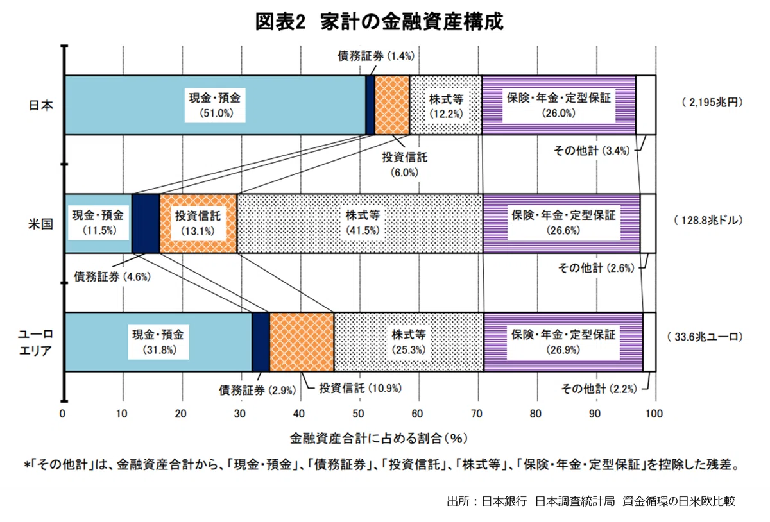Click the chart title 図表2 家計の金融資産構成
[x=379, y=22]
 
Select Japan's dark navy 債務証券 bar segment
[x=370, y=105]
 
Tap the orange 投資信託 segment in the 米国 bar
[x=198, y=223]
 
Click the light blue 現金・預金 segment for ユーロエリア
[x=158, y=342]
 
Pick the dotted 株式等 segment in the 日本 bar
[x=446, y=105]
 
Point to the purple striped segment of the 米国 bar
[x=561, y=223]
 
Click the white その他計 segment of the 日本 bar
[x=646, y=105]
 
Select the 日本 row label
[x=41, y=105]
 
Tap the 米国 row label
[x=41, y=224]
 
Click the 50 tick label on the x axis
[x=359, y=414]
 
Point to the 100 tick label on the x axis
[x=654, y=414]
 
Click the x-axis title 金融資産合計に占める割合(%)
[x=379, y=439]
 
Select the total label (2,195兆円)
[x=712, y=103]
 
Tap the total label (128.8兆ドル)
[x=708, y=220]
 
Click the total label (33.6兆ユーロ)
[x=705, y=337]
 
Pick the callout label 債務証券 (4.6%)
[x=112, y=276]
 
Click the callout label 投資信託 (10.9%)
[x=361, y=389]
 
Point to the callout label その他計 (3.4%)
[x=592, y=151]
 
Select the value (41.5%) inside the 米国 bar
[x=363, y=230]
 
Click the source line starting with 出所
[x=591, y=501]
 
